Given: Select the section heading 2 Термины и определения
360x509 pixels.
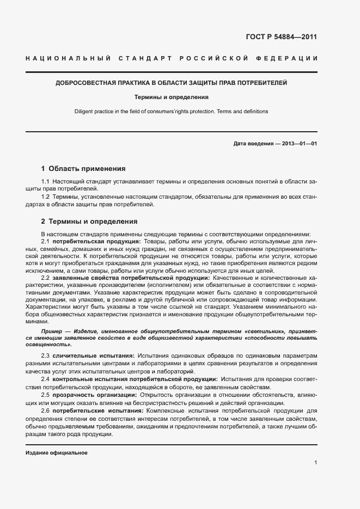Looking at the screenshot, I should (x=89, y=222).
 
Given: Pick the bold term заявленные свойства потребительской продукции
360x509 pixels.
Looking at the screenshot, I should (x=128, y=278).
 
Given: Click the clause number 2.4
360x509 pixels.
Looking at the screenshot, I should (x=46, y=378).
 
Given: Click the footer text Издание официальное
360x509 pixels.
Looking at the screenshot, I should (x=56, y=453).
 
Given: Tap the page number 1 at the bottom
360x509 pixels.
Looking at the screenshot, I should (x=316, y=463).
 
